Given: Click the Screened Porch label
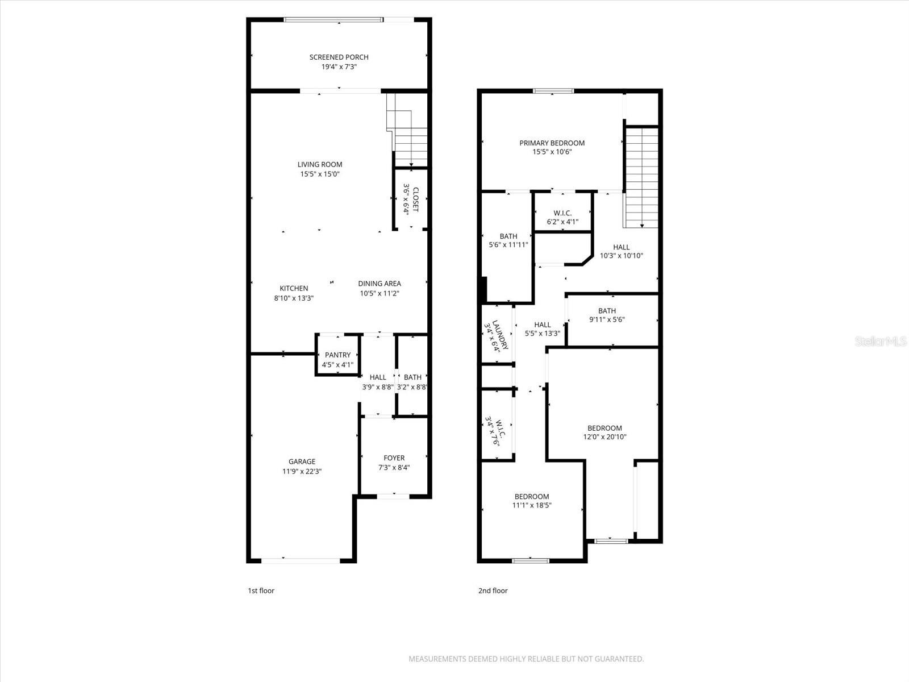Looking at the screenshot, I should tap(339, 57).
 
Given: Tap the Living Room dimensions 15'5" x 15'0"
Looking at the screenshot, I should tap(320, 174).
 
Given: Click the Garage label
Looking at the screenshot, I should tap(302, 461).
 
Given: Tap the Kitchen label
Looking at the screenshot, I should tap(294, 288).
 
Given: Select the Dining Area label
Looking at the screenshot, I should tap(379, 284).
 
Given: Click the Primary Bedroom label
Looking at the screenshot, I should tap(552, 143).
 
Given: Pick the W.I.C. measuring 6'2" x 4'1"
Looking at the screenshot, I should tap(562, 217).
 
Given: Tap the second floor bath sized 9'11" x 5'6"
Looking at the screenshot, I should tap(607, 315).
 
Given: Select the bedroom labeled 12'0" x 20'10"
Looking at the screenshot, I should tap(604, 433).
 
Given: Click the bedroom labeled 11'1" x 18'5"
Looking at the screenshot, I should tap(532, 501).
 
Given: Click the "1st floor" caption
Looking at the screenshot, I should tap(261, 590).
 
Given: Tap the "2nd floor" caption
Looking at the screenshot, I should tap(493, 590).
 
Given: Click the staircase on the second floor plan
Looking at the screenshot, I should tap(641, 176).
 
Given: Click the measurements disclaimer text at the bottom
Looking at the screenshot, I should tap(526, 659).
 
